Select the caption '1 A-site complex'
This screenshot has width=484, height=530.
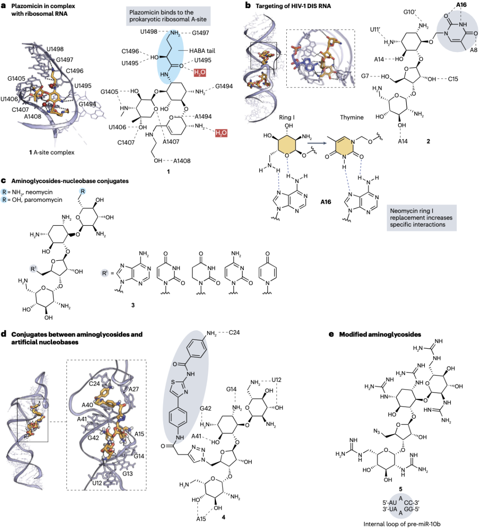(x=52, y=152)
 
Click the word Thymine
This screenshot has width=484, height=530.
(x=351, y=117)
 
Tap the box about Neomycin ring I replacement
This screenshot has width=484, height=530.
(x=421, y=218)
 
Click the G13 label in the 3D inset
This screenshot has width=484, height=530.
(x=128, y=474)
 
